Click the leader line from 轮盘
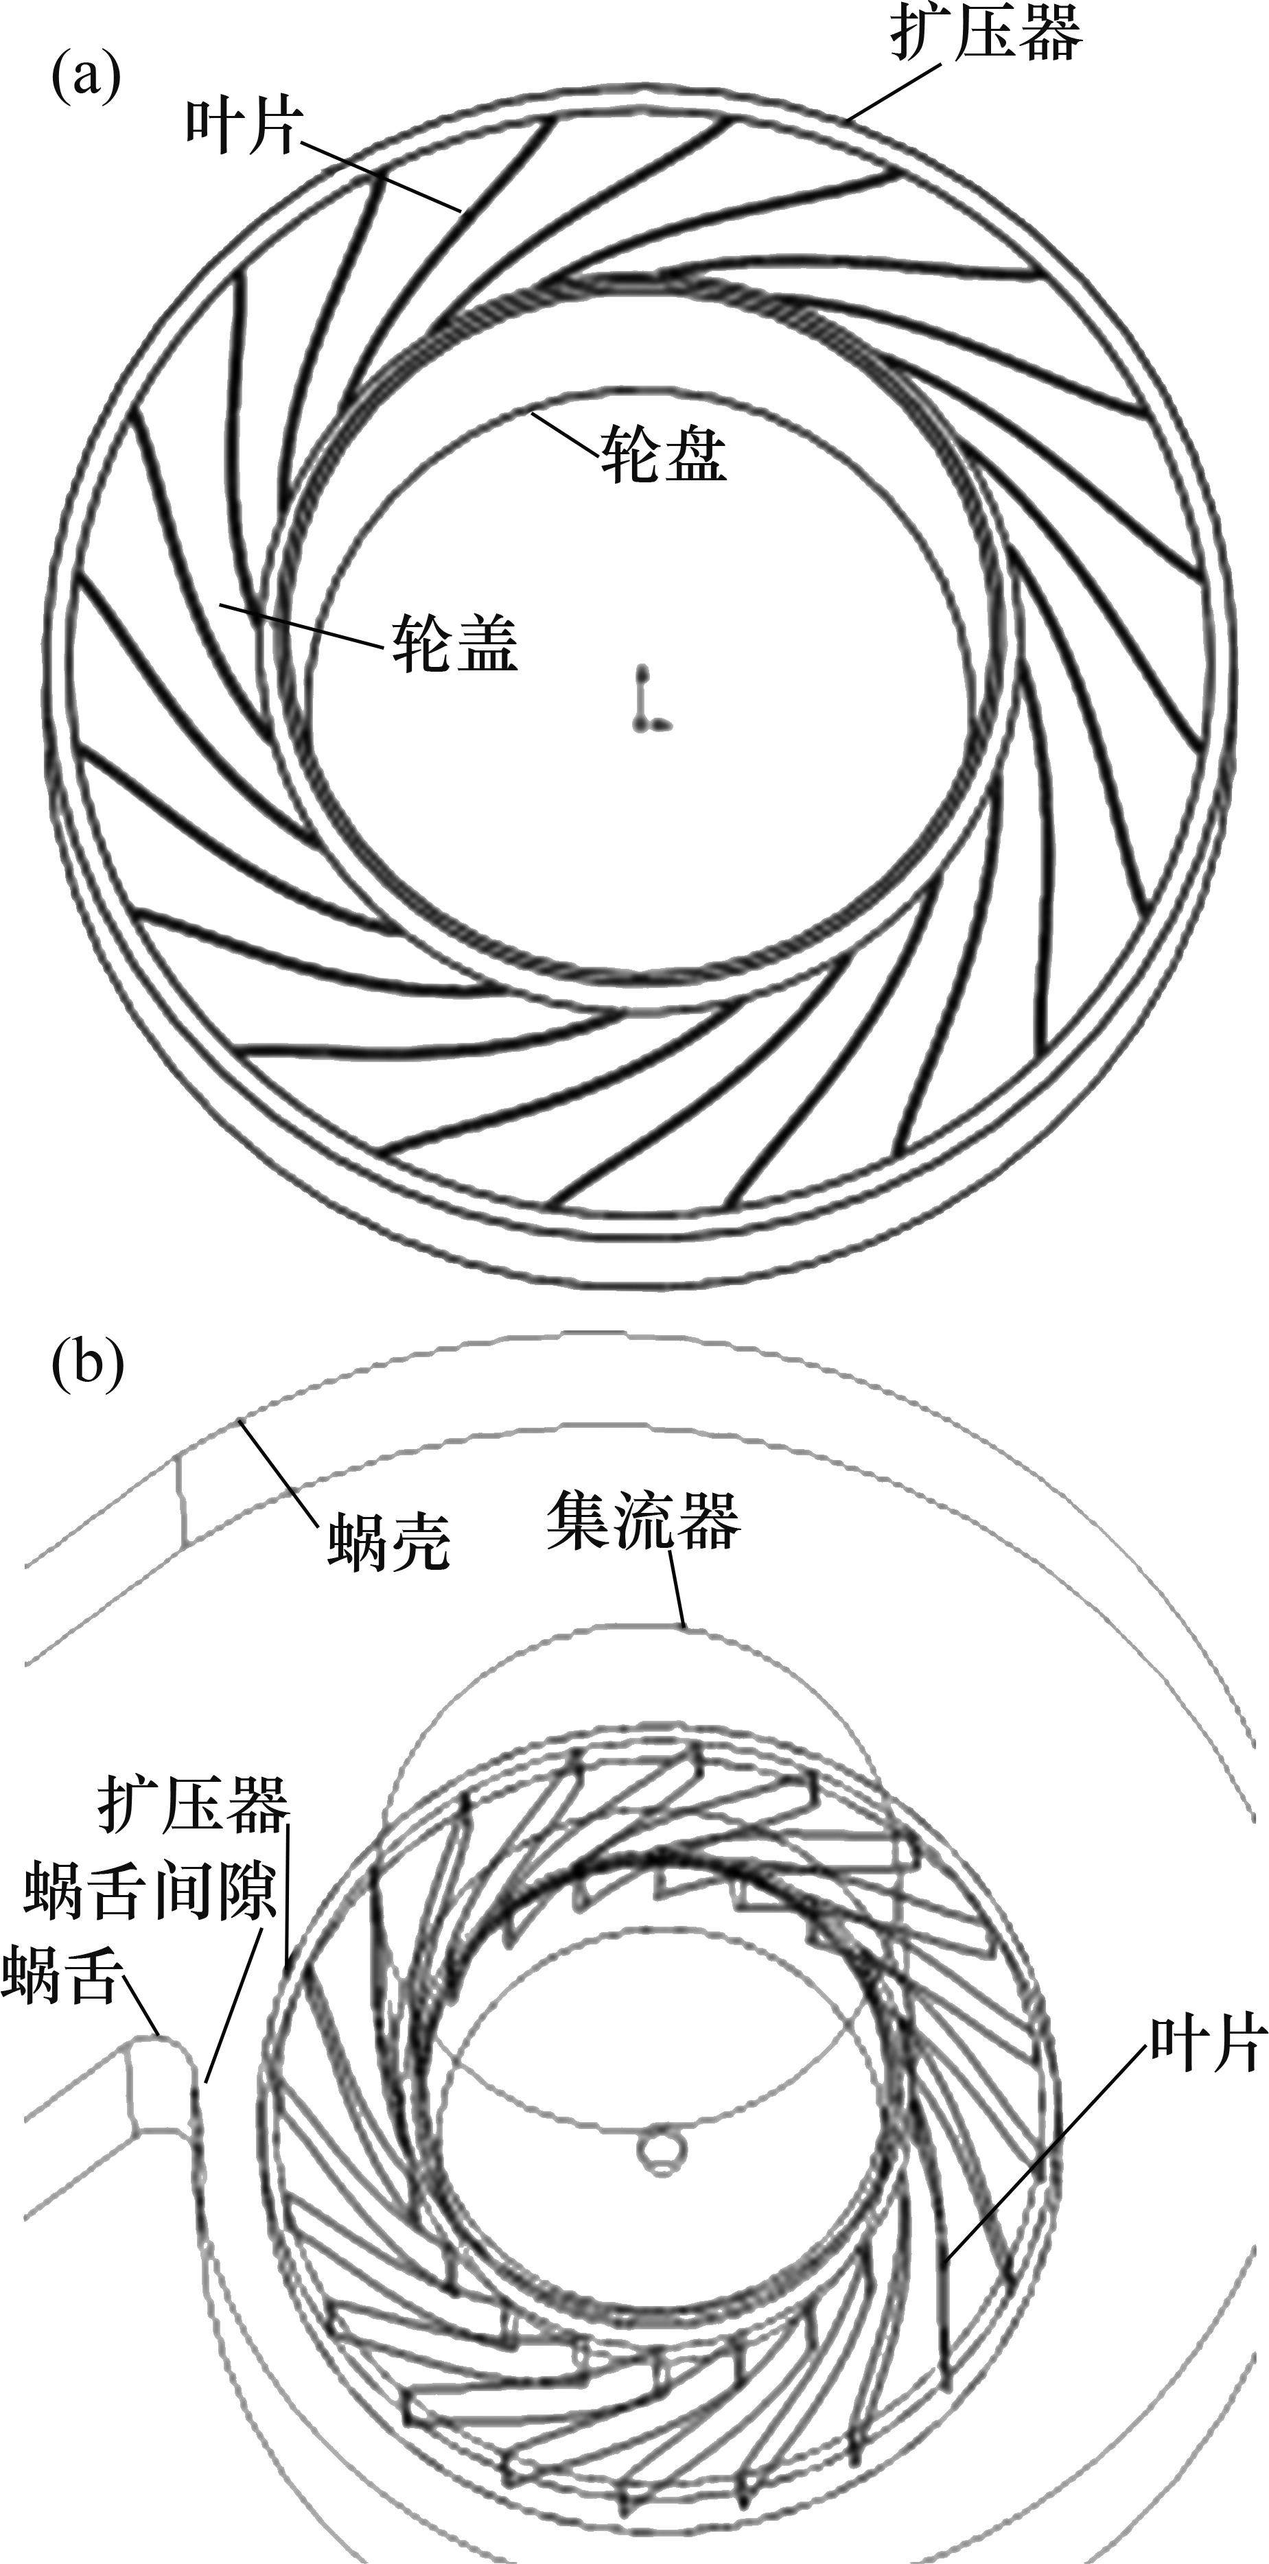click(563, 435)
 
